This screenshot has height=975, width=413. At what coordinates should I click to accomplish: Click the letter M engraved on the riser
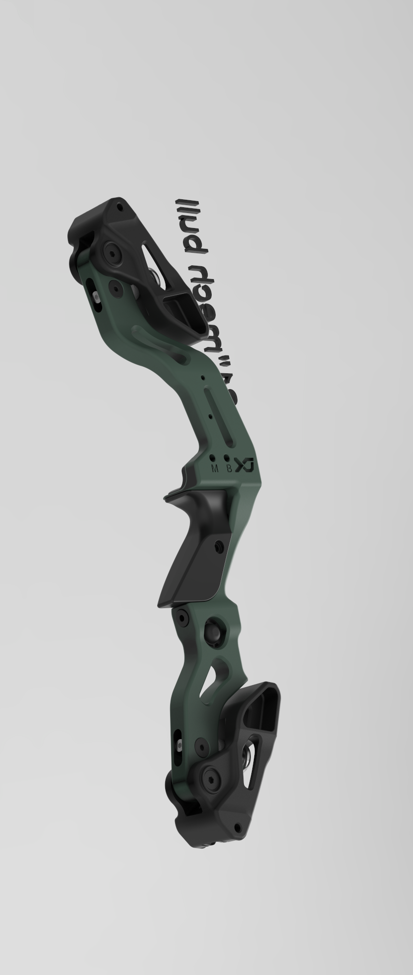click(215, 468)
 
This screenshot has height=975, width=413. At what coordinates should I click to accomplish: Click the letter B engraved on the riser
click(229, 468)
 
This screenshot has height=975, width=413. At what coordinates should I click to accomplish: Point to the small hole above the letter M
click(213, 459)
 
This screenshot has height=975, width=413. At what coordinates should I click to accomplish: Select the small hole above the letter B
click(227, 458)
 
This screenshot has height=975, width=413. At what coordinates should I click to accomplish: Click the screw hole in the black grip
click(218, 545)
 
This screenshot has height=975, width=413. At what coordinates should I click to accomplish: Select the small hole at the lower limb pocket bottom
click(237, 827)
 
